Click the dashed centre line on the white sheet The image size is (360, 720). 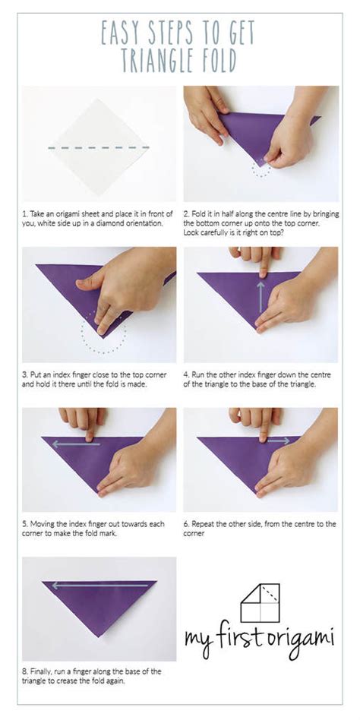coord(99,148)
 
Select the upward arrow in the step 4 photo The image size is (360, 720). coord(261,298)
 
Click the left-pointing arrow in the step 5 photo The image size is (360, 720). coord(76,444)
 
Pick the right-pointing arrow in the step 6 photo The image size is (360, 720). coord(279,441)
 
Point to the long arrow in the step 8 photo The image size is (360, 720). coord(99,586)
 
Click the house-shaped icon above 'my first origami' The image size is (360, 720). coord(260,603)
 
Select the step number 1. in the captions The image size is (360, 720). coord(25,214)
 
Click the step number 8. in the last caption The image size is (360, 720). coord(26,671)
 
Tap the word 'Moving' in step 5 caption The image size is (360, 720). coord(41,524)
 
